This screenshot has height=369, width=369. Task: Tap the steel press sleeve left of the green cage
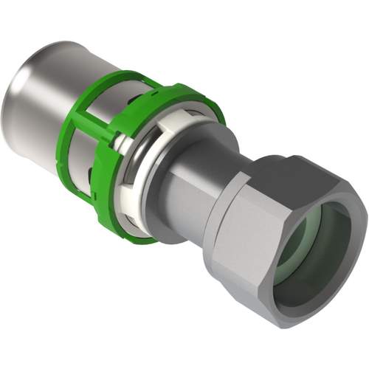pyautogui.click(x=55, y=89)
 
